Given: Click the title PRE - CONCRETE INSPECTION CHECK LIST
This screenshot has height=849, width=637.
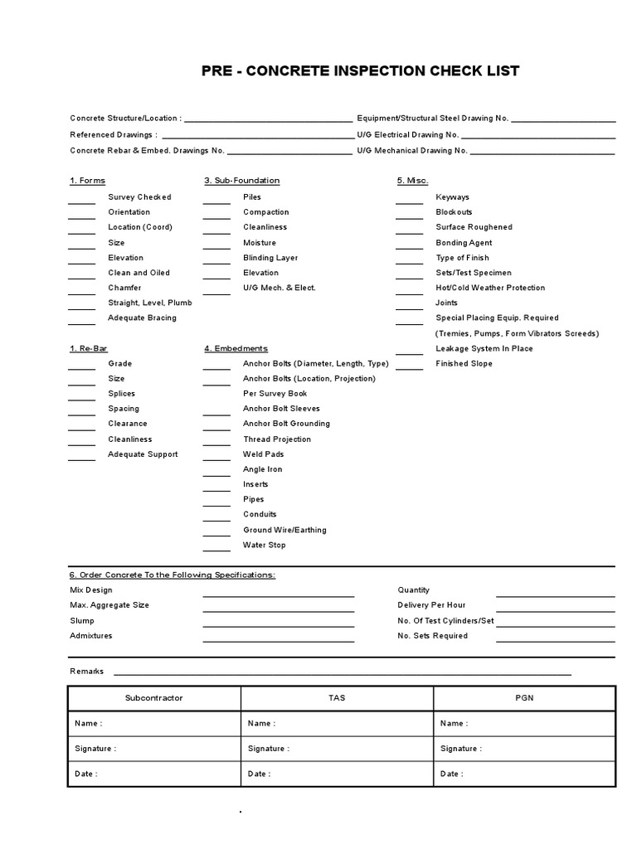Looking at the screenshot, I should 360,71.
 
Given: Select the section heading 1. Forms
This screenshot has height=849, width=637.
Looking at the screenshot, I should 87,181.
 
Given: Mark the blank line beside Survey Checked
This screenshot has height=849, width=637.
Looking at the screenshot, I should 81,201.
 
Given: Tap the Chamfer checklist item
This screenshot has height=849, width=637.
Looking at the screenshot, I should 124,288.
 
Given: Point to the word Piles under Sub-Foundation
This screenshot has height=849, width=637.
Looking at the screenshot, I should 252,197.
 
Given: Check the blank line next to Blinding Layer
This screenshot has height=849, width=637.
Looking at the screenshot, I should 216,262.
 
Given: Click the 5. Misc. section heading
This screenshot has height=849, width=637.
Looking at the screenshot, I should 412,181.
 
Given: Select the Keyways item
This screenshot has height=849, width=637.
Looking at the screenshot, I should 452,197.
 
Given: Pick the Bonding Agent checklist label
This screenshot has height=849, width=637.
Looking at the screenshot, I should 464,243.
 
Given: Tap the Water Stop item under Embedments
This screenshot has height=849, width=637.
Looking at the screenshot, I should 264,545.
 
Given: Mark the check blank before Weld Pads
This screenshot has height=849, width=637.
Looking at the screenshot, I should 216,458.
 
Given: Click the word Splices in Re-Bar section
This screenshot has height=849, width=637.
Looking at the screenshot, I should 121,394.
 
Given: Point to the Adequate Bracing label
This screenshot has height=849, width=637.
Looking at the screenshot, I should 142,318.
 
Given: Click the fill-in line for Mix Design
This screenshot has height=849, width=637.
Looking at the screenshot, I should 279,594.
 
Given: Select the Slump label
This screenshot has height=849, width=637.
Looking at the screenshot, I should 82,621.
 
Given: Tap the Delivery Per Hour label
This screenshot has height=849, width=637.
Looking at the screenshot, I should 431,605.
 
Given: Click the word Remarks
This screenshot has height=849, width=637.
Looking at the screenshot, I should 87,672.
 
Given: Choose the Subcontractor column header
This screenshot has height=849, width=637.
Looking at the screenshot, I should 153,698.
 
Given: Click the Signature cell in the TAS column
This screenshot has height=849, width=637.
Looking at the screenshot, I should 337,749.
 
